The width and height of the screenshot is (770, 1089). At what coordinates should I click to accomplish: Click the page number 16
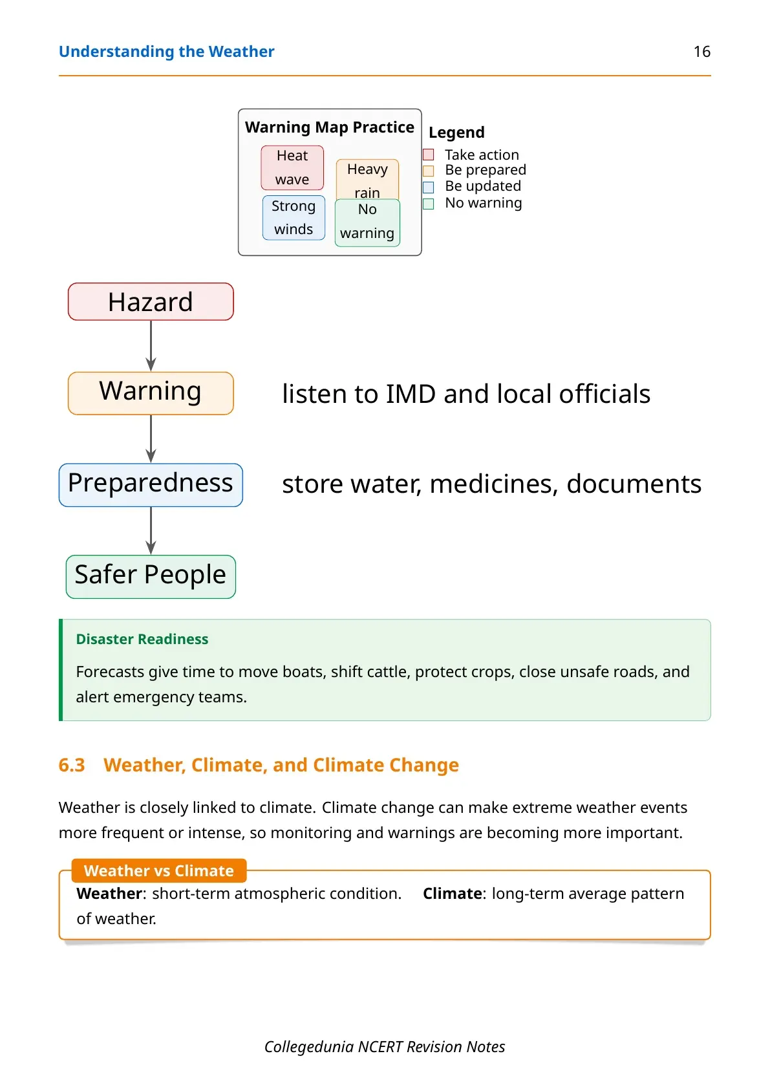tap(701, 52)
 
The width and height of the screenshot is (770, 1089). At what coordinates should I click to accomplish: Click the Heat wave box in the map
tap(292, 167)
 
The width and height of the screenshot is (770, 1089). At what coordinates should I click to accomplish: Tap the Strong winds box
tap(294, 218)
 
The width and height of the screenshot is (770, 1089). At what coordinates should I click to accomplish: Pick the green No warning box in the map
tap(367, 222)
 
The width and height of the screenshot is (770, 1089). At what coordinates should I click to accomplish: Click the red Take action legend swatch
tap(428, 155)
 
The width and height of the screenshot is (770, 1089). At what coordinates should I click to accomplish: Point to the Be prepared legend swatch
tap(428, 171)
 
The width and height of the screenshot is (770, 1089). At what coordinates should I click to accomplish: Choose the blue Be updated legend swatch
tap(428, 187)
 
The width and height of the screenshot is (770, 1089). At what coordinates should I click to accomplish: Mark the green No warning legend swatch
tap(428, 204)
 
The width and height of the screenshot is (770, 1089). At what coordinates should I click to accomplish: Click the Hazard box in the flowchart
tap(151, 301)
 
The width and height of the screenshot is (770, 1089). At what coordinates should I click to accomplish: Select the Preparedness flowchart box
tap(151, 485)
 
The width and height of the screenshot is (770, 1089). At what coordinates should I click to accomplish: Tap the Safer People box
tap(151, 577)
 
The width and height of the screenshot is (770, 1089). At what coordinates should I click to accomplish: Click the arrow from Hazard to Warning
tap(151, 346)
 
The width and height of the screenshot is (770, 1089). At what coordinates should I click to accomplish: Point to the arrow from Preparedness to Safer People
tap(151, 530)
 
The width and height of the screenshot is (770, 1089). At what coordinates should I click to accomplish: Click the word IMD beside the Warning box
tap(411, 394)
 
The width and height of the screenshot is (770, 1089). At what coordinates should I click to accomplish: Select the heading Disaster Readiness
tap(142, 639)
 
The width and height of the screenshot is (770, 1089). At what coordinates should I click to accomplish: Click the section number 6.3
tap(72, 765)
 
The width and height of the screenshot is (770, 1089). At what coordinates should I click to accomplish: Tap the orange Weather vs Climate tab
tap(159, 870)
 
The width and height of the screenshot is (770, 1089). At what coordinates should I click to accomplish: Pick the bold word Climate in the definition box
tap(452, 894)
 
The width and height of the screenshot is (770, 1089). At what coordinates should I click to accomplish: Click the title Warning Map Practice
tap(330, 127)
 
